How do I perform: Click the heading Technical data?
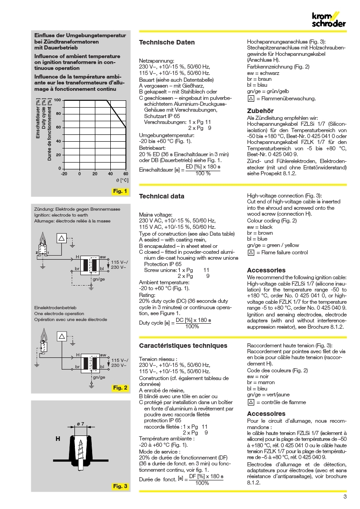pos(162,197)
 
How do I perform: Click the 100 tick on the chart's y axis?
pos(58,100)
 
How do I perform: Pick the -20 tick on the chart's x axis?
pos(64,173)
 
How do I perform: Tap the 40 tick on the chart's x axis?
pos(110,173)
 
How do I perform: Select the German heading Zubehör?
pos(260,110)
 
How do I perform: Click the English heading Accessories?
pos(266,270)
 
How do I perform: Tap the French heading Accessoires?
pos(266,414)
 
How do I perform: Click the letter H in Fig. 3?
pos(58,439)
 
